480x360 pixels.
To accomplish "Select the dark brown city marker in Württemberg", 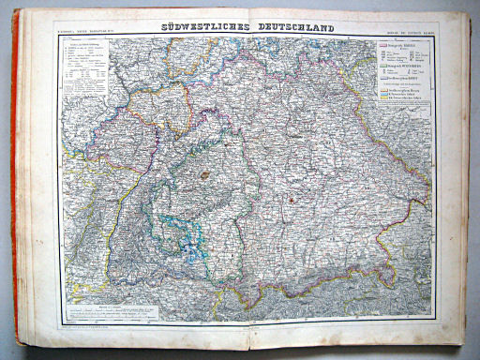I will coord(204,173).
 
